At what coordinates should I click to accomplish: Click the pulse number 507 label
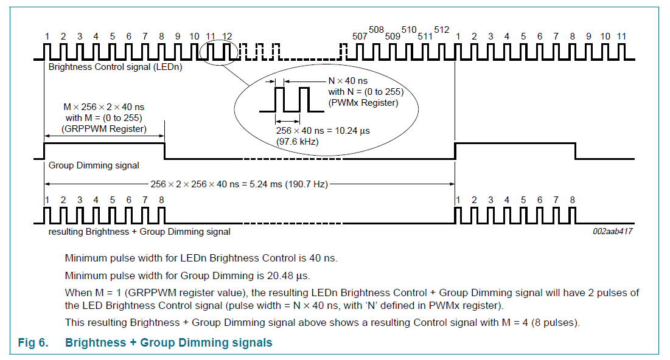pos(360,36)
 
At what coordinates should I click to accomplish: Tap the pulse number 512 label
pos(441,30)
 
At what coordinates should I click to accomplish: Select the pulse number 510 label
pos(409,30)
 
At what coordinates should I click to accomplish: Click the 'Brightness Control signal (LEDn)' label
pos(115,67)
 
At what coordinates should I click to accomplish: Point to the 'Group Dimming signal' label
pos(94,165)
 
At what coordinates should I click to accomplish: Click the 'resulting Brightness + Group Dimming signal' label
pos(139,232)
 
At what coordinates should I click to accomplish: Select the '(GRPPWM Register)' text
pos(104,129)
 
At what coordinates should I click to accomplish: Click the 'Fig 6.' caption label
pos(32,343)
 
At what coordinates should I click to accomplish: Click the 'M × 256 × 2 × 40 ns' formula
pos(103,106)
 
